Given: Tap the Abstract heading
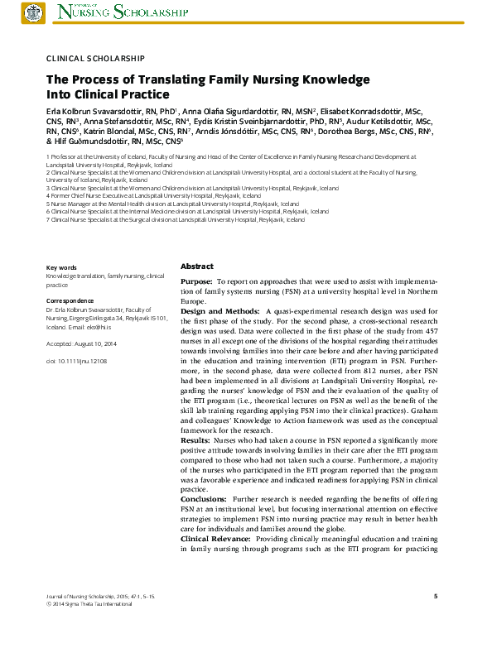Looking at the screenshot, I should [x=197, y=266].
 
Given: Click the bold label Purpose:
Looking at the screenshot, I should [x=196, y=282].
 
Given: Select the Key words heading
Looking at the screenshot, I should [x=61, y=267].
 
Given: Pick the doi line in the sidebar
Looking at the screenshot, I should [x=77, y=362].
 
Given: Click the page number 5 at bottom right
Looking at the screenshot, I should [x=436, y=596].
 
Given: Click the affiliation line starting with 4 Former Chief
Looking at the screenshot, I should [x=161, y=195].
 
